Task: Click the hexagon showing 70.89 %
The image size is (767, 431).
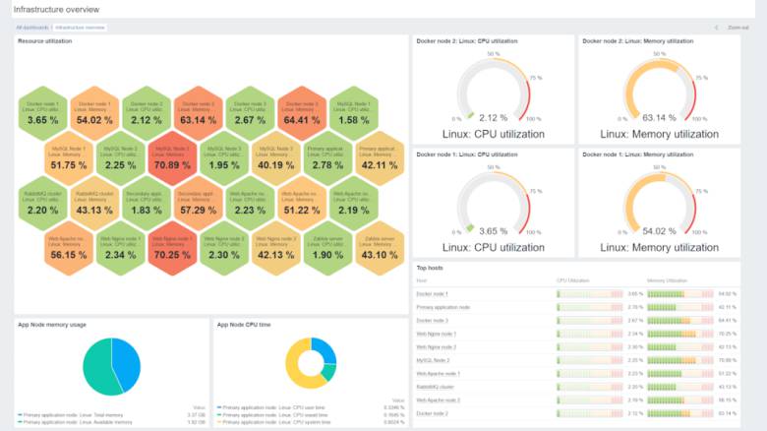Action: [171, 158]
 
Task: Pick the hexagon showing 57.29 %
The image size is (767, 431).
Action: [197, 204]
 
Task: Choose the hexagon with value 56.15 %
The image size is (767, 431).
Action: [69, 248]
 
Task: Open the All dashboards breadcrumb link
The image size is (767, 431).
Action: [32, 28]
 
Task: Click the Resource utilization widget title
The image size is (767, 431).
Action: [44, 41]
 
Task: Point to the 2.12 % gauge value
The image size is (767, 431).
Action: [494, 117]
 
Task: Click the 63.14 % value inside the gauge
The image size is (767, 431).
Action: [659, 117]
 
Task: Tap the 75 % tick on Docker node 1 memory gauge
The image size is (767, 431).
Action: [701, 192]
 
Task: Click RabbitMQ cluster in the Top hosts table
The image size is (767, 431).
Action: [436, 387]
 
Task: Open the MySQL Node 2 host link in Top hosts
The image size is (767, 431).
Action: [433, 360]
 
